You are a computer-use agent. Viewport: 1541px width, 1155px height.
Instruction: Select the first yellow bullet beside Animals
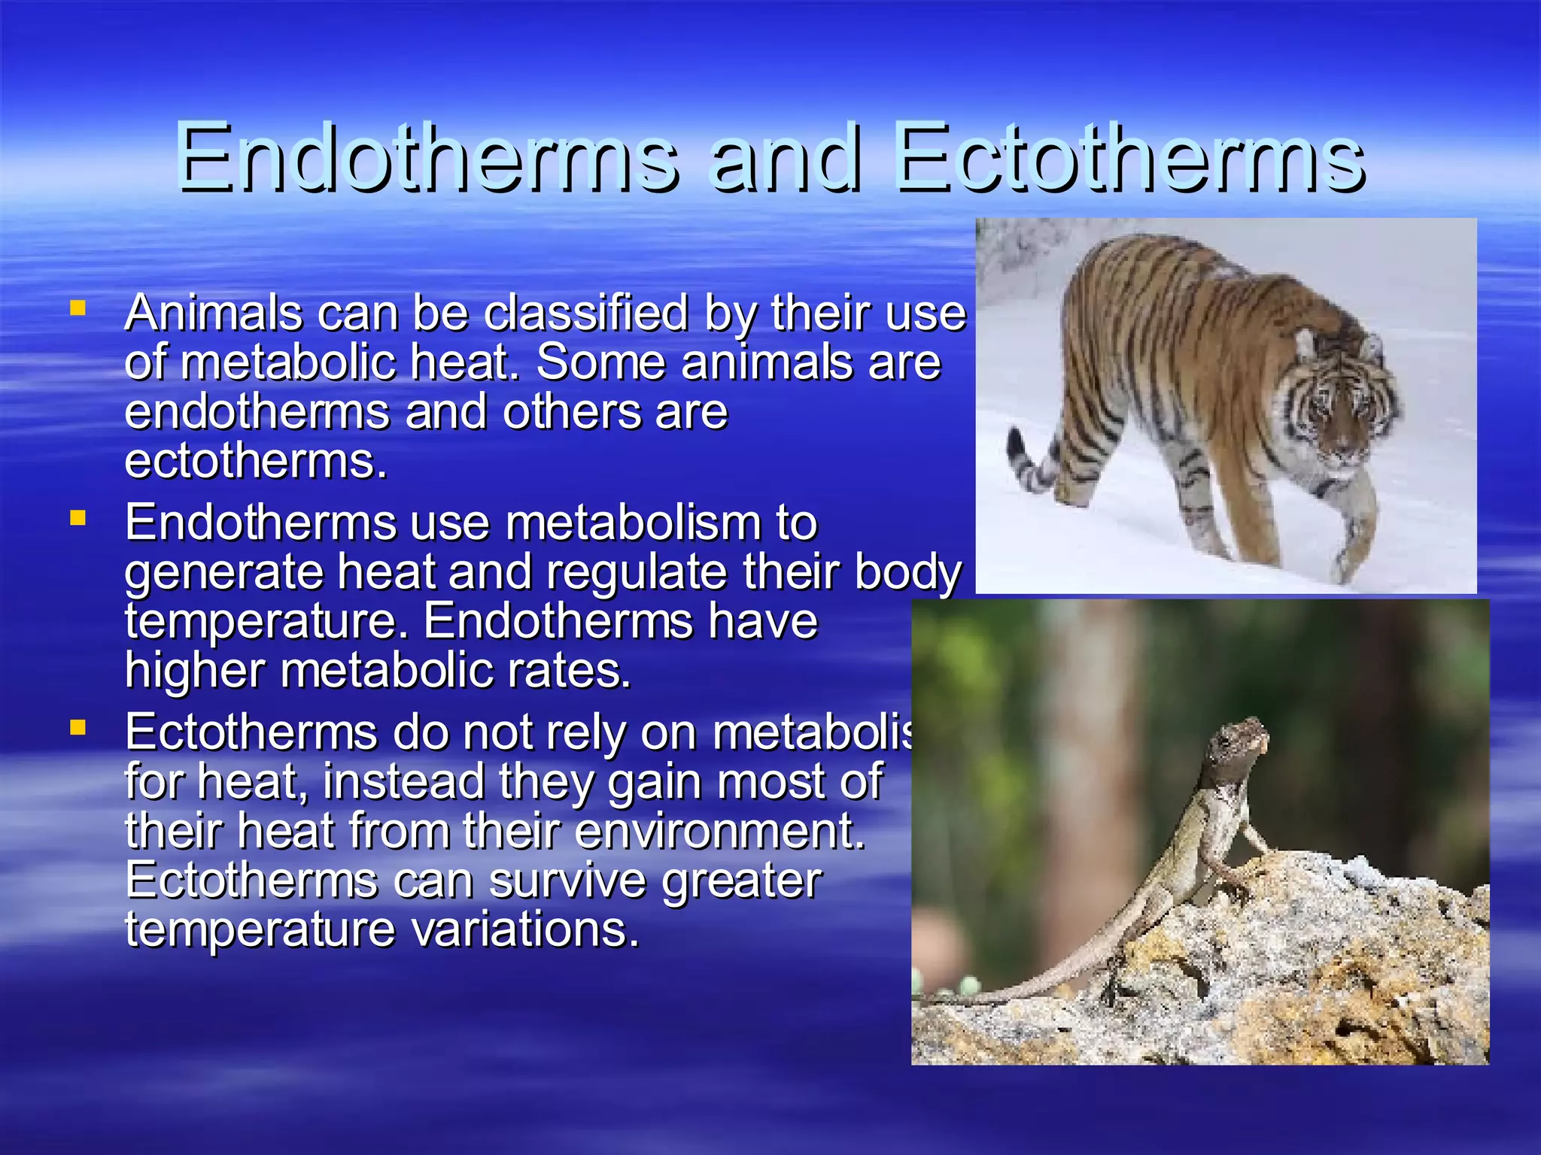click(77, 308)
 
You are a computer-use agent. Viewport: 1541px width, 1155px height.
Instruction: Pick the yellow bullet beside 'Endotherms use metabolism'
click(77, 517)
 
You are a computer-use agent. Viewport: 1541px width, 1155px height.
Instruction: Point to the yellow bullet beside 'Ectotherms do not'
click(77, 727)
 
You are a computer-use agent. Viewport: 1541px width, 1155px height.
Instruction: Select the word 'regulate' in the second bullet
click(637, 573)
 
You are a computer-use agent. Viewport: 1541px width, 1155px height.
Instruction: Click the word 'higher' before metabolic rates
click(195, 671)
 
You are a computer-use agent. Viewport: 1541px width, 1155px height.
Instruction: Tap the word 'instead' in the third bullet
click(403, 782)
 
